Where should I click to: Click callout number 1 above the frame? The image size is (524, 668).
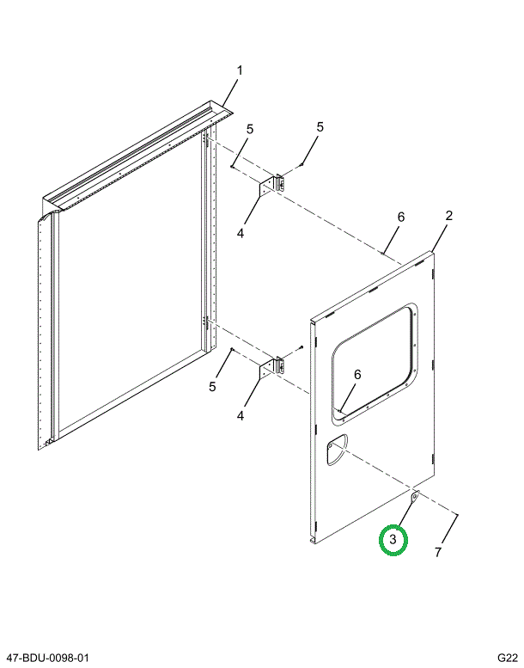click(240, 70)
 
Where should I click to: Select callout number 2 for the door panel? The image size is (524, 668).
click(448, 216)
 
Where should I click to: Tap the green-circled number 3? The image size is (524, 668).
click(393, 540)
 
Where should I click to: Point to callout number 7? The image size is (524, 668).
click(437, 552)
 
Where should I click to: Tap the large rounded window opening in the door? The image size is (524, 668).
click(375, 361)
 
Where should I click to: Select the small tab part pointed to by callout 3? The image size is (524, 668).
click(414, 496)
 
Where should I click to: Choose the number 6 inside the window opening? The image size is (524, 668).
click(357, 374)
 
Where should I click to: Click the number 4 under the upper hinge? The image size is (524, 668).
click(241, 232)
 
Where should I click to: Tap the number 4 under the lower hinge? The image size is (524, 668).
click(241, 415)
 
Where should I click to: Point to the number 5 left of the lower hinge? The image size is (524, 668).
click(212, 387)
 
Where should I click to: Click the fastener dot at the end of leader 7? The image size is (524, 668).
click(457, 515)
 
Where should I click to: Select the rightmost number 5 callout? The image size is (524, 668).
click(320, 127)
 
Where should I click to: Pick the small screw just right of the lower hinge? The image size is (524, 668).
click(302, 348)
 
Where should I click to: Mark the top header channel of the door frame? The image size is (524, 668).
click(137, 155)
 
